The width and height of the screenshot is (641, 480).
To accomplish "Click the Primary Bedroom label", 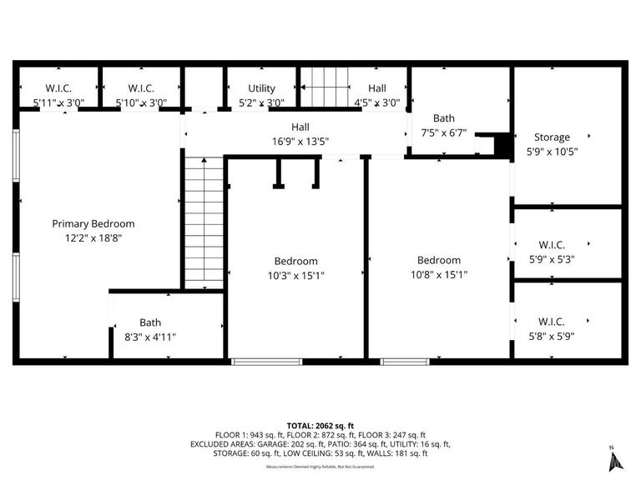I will click(93, 223).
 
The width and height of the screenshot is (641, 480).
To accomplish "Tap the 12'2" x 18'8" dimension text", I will click(93, 237).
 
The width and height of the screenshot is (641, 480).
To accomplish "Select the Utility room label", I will click(261, 88).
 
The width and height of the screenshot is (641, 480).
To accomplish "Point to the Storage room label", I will click(552, 137).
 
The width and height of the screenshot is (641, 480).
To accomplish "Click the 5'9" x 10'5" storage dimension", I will click(552, 152).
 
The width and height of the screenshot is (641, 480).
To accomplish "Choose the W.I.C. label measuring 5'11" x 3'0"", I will click(58, 88).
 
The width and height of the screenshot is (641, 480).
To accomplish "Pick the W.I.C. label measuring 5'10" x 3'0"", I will click(140, 88).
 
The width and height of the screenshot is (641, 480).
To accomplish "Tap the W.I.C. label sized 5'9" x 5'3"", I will click(552, 244).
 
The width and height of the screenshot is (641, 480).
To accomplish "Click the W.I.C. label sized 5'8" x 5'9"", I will click(552, 322).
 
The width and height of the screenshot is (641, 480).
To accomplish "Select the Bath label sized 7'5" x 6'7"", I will click(443, 118).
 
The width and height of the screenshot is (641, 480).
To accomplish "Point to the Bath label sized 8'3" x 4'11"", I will click(150, 322).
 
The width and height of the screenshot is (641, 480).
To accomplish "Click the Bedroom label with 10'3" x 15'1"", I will click(295, 260).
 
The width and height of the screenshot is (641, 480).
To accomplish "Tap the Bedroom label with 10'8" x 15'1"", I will click(439, 260).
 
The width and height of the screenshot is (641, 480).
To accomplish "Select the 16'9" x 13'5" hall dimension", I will click(300, 142).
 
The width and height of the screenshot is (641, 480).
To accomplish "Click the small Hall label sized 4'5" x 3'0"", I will click(377, 88).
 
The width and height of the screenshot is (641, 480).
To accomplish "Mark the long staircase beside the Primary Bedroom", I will click(204, 222).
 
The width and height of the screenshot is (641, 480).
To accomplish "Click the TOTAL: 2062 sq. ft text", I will click(320, 424).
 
